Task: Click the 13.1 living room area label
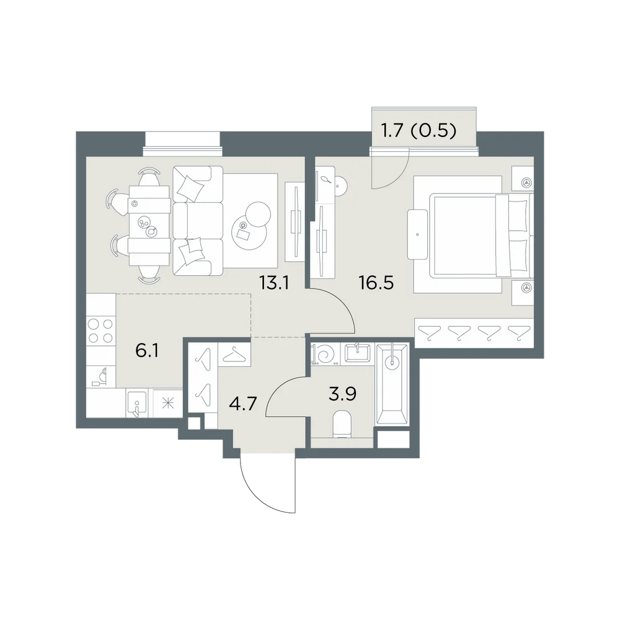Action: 275,283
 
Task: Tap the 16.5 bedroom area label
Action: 376,283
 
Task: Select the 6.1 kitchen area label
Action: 147,351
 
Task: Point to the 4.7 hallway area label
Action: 243,404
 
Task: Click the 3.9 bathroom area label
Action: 342,394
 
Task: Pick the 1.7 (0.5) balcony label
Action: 418,130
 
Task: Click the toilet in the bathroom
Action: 342,425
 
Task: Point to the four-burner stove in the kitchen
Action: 101,331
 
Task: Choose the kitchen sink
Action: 137,403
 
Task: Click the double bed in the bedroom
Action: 481,235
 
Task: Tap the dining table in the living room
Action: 150,226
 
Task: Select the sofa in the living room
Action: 198,221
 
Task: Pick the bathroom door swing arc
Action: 280,391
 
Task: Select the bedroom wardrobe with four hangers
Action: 474,334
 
